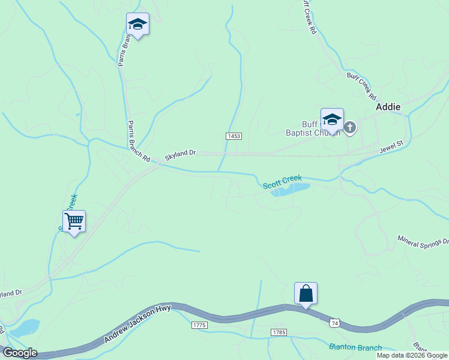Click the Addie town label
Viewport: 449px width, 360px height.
[388, 106]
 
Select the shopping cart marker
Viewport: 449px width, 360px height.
[74, 221]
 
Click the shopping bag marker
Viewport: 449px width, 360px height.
[306, 293]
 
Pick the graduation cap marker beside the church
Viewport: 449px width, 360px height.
[332, 119]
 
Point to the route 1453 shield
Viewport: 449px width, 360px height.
[234, 136]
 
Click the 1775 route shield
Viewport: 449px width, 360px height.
[199, 325]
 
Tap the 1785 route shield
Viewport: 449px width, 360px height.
[279, 332]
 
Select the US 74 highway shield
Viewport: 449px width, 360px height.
[334, 323]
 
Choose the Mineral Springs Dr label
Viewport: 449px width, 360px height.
[423, 241]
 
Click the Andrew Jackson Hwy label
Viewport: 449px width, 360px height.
[137, 324]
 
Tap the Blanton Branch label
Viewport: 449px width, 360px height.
[355, 347]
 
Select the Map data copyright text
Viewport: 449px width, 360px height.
[412, 355]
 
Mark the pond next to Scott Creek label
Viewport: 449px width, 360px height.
[291, 190]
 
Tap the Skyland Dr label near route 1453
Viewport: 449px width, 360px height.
[181, 155]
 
